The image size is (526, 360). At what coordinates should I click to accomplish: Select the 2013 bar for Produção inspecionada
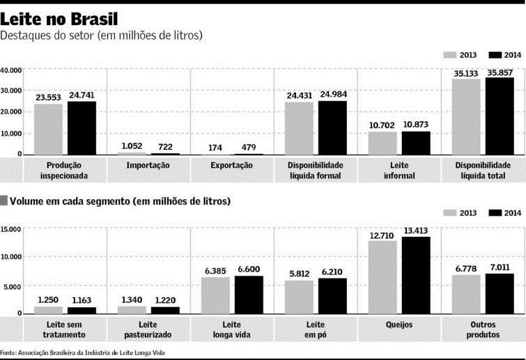[x=48, y=129]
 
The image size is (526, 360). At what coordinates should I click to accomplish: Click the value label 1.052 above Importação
[x=132, y=146]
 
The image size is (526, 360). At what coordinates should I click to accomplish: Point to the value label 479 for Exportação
[x=249, y=147]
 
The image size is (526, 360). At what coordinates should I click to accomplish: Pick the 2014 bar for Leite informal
[x=416, y=143]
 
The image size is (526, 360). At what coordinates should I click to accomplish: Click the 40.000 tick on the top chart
[x=11, y=70]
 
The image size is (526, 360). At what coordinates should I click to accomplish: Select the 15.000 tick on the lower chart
[x=11, y=229]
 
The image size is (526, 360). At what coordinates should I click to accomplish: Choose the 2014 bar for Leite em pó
[x=332, y=295]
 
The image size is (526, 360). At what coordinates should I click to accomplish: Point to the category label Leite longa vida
[x=232, y=329]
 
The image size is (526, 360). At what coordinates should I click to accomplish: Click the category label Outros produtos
[x=483, y=329]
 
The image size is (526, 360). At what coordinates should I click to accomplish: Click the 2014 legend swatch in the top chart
[x=496, y=54]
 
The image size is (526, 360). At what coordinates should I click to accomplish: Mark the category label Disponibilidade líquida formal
[x=316, y=171]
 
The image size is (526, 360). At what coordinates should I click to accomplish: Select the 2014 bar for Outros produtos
[x=500, y=293]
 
